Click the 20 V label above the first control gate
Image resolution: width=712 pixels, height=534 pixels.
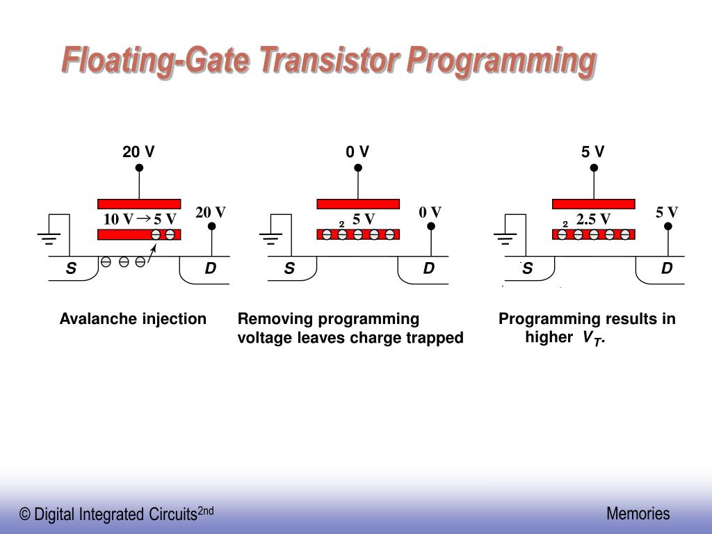138,152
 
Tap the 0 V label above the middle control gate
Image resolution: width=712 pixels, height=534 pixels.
357,152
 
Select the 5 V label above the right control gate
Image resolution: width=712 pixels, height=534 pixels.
593,152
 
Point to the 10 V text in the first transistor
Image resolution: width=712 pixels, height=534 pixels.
118,220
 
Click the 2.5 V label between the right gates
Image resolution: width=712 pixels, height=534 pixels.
593,220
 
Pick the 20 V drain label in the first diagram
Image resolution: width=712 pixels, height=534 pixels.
211,212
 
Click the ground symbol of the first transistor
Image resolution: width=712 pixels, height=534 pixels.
49,238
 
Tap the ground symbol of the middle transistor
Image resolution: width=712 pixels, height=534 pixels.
270,238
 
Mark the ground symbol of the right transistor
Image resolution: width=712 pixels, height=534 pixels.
505,238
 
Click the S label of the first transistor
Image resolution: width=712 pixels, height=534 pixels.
70,268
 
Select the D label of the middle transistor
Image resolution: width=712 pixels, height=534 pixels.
428,268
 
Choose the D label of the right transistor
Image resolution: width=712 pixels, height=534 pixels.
667,268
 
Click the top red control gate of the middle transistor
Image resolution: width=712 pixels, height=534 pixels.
358,204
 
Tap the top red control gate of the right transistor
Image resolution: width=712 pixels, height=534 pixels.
593,204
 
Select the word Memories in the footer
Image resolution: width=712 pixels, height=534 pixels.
638,514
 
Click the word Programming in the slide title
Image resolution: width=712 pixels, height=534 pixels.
501,60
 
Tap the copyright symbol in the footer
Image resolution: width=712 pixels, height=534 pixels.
25,515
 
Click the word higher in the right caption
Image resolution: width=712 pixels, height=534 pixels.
549,338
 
